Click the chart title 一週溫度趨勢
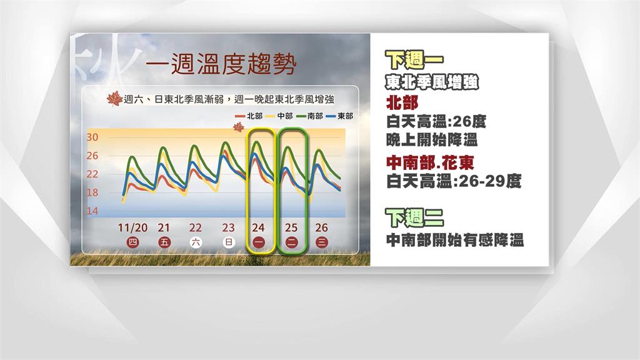click(219, 64)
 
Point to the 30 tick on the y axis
click(92, 137)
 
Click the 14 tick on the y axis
click(92, 212)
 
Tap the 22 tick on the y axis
click(92, 174)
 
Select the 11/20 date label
click(132, 227)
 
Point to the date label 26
click(322, 227)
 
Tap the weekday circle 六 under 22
click(195, 242)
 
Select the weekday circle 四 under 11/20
click(132, 242)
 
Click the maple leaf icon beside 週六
click(114, 99)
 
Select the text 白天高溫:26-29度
click(454, 181)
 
